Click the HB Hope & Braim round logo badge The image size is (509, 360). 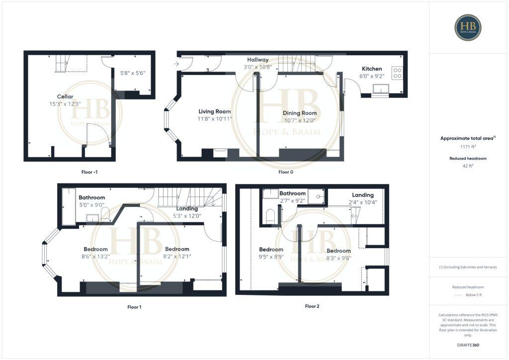tap(468, 27)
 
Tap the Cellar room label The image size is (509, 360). tap(65, 96)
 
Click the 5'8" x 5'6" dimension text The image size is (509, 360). tap(133, 73)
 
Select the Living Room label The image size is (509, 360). tap(215, 111)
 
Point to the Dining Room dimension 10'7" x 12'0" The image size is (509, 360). tap(300, 121)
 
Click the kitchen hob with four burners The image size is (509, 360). tap(398, 73)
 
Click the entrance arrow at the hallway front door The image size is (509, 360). tap(177, 64)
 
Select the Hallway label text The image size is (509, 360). tap(257, 60)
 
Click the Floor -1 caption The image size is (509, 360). tap(89, 172)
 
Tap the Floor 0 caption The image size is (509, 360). tap(285, 172)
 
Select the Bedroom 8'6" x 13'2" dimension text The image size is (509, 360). tap(95, 257)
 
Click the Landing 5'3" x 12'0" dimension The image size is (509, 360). tap(187, 216)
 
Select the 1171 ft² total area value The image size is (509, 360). tap(468, 147)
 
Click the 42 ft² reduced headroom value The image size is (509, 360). tap(468, 167)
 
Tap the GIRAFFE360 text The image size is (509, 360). tap(468, 345)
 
